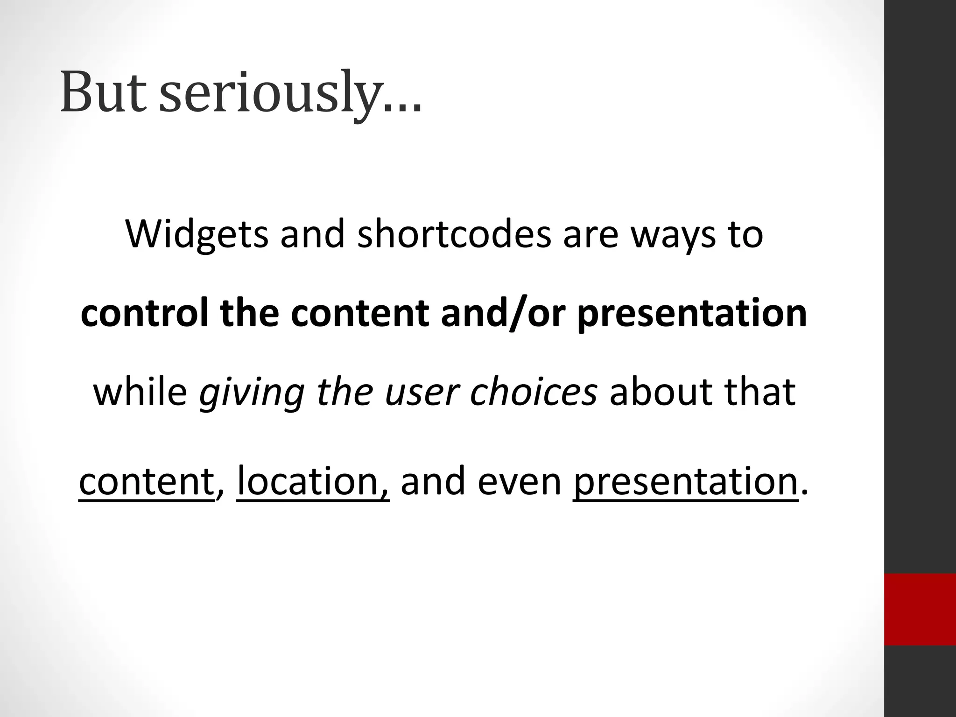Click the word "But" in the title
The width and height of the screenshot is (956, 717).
tap(103, 92)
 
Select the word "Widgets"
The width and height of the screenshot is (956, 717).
tap(197, 234)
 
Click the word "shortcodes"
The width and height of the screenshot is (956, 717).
tap(454, 234)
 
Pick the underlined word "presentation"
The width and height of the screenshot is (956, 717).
tap(685, 482)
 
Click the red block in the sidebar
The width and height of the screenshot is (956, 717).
tap(920, 609)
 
